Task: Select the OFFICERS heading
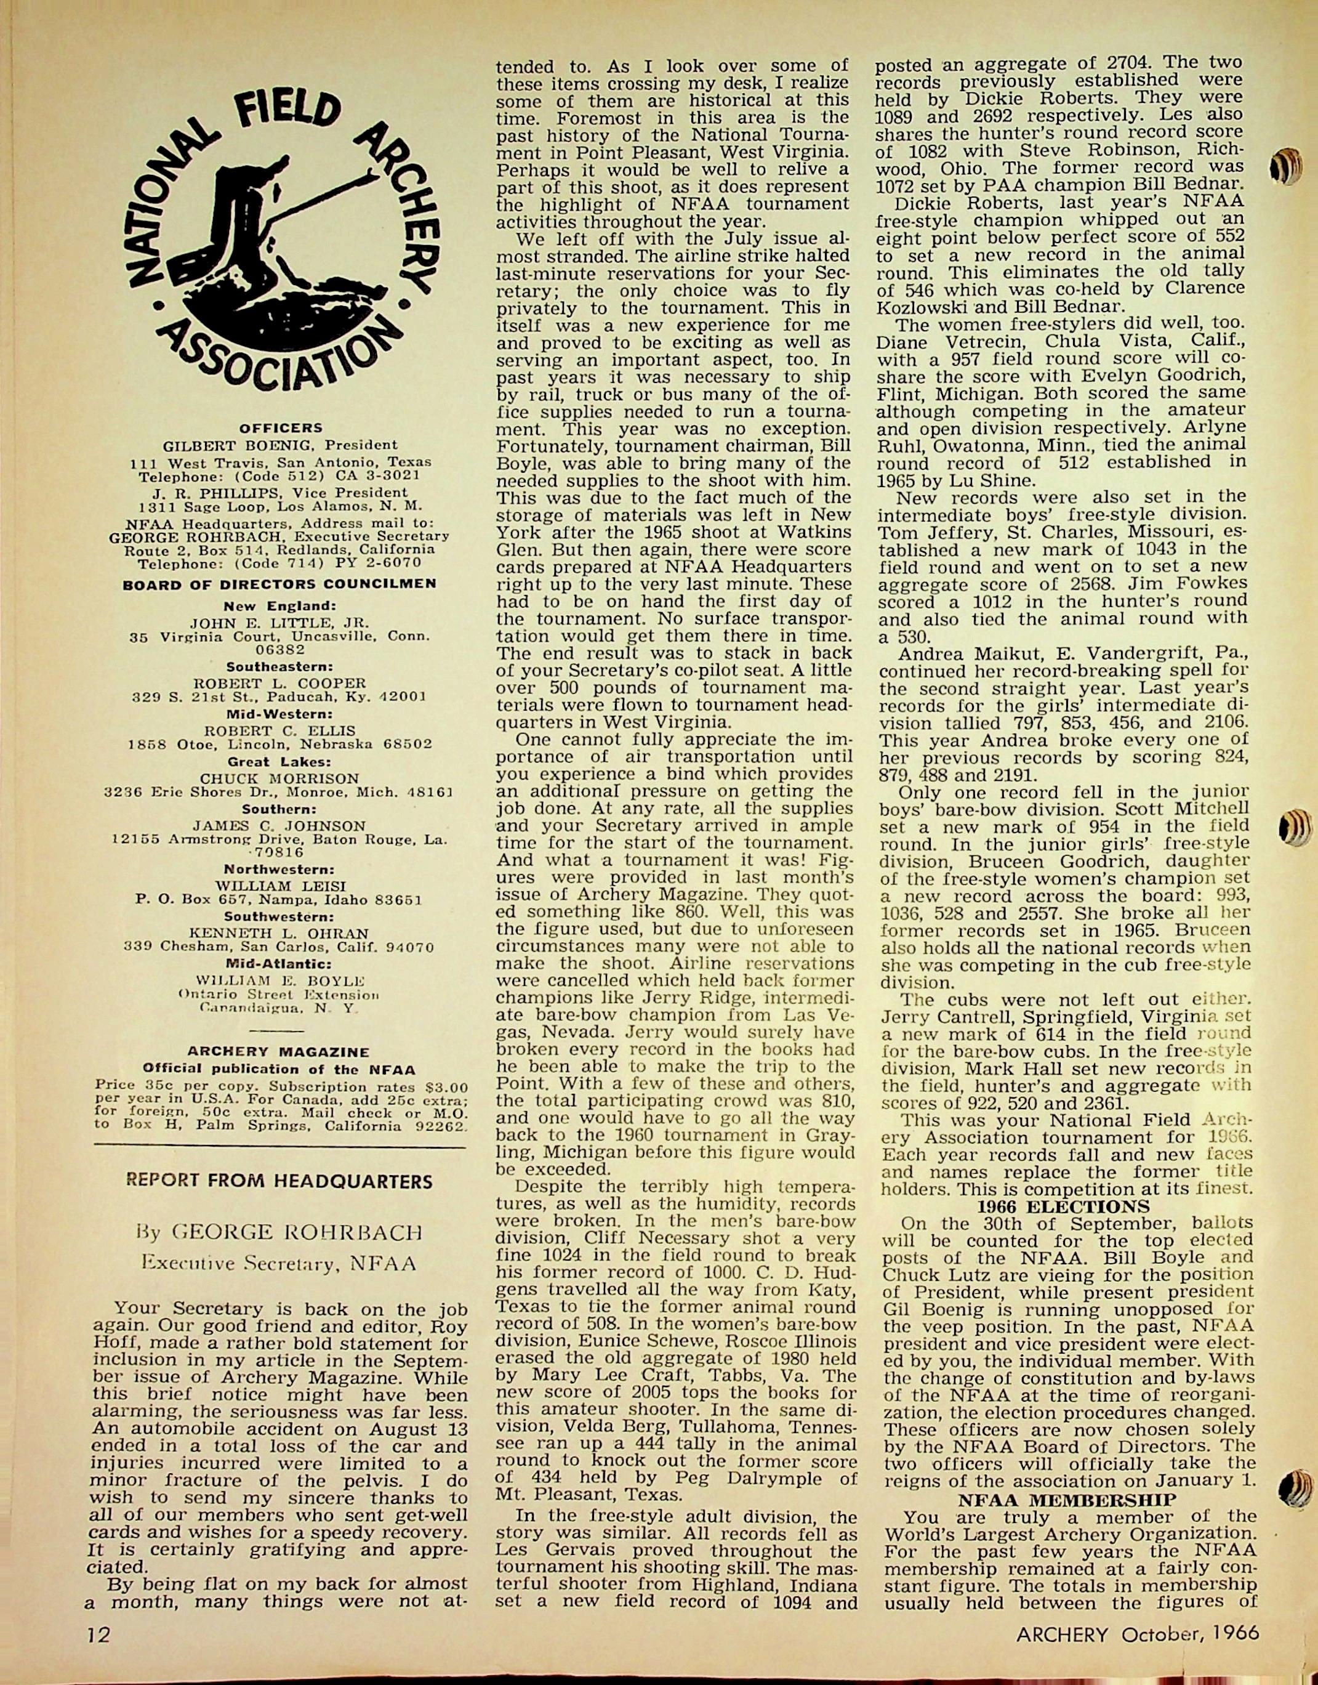click(280, 427)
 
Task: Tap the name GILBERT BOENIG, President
click(280, 445)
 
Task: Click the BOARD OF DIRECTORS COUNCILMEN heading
click(280, 584)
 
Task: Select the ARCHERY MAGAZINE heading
click(279, 1052)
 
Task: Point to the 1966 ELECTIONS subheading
click(1063, 1206)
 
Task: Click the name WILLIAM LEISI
click(280, 886)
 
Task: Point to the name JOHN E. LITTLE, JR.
click(280, 622)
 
